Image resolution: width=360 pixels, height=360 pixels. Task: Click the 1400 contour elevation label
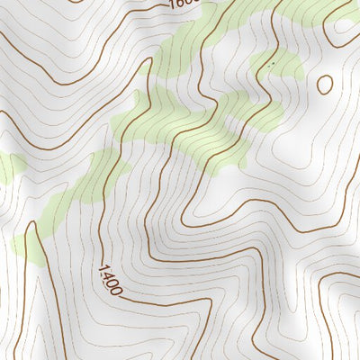[x=110, y=279]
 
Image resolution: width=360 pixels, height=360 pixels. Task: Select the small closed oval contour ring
[x=324, y=84]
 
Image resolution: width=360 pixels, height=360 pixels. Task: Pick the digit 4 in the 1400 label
[x=107, y=274]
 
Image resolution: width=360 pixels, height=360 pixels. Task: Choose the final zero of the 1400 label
[x=117, y=290]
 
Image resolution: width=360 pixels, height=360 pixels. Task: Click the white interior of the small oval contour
[x=324, y=84]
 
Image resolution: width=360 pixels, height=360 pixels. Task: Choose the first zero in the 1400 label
[x=112, y=283]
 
